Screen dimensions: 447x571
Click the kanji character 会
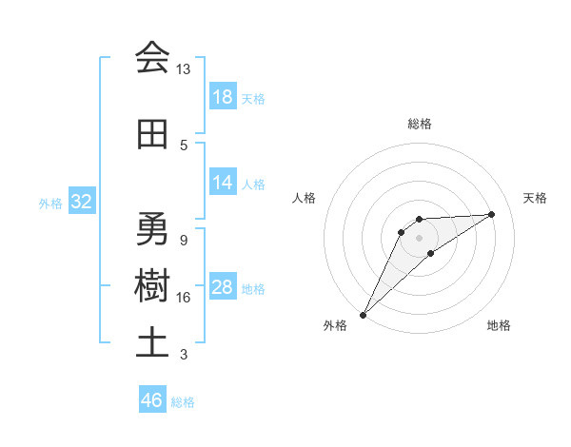click(x=152, y=58)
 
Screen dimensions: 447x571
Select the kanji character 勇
click(x=152, y=229)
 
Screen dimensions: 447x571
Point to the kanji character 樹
click(x=152, y=286)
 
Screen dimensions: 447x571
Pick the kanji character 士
click(x=152, y=343)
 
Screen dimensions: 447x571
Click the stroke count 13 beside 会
click(x=184, y=68)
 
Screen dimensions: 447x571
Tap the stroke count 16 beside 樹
click(x=184, y=298)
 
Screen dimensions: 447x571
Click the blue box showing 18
click(x=222, y=96)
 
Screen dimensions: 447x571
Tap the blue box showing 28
click(x=222, y=287)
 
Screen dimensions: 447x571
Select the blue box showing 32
click(x=81, y=201)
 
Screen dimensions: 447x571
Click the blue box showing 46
click(x=151, y=400)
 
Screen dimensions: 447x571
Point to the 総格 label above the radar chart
click(x=419, y=124)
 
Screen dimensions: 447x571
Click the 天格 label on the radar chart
click(x=535, y=198)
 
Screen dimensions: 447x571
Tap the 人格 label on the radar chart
click(x=305, y=198)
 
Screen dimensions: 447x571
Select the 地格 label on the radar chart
click(x=499, y=325)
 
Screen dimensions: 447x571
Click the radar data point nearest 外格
click(x=363, y=314)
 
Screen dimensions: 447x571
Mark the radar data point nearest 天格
click(x=492, y=214)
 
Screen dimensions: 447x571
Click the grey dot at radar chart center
click(x=419, y=237)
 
